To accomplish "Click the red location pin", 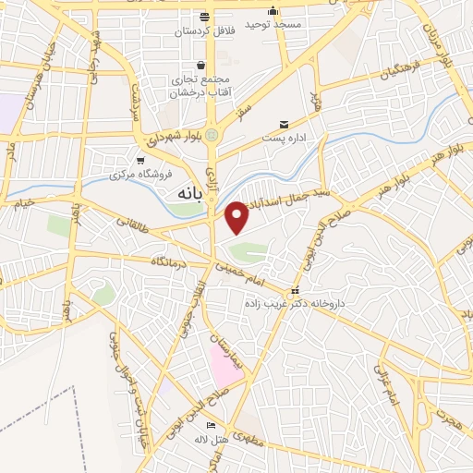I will click(x=236, y=217).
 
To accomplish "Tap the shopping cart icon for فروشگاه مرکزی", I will click(x=141, y=160).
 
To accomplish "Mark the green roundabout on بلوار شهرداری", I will click(x=212, y=136).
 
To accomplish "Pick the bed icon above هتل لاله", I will click(x=212, y=425).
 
